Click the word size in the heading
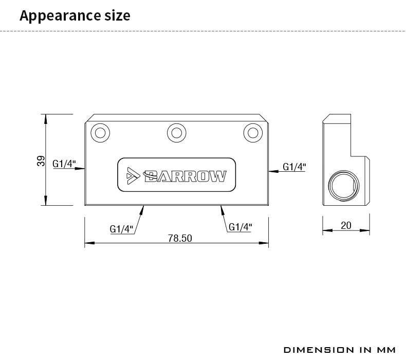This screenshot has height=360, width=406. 117,15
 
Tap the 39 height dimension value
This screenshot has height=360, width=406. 41,161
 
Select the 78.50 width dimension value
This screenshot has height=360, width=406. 180,238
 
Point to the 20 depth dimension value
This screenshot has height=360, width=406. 346,225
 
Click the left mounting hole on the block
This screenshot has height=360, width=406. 100,133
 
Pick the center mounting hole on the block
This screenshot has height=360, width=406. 177,133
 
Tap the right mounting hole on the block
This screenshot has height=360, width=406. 253,133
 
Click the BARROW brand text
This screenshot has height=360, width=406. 185,176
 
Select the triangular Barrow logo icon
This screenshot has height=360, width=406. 133,176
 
